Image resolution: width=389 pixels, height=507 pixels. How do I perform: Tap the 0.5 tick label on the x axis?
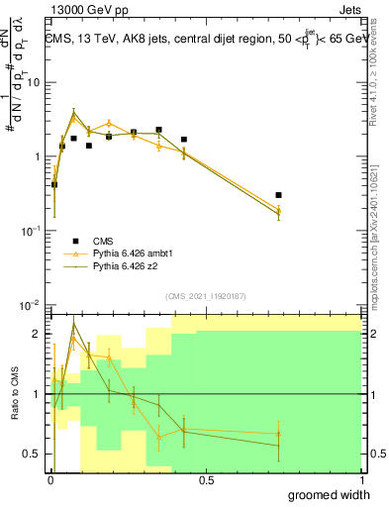pos(206,480)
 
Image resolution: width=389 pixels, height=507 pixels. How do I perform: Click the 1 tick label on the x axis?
pos(361,480)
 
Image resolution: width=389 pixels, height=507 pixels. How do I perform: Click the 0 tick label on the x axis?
pos(50,480)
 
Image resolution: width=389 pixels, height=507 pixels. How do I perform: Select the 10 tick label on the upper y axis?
pos(33,82)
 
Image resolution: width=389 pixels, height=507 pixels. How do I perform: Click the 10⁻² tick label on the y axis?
pos(30,304)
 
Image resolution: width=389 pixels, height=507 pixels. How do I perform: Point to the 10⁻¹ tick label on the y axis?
pos(30,231)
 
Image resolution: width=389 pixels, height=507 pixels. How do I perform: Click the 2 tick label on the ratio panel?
pos(36,335)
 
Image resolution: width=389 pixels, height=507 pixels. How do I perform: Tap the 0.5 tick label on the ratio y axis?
pos(32,454)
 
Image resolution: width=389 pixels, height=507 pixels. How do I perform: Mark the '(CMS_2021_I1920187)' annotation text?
pos(206,294)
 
